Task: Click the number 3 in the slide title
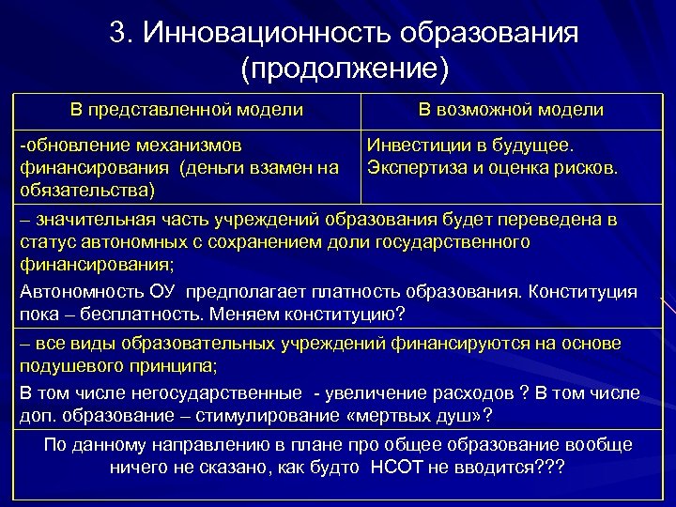[118, 34]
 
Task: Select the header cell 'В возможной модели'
[511, 110]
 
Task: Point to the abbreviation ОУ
[170, 291]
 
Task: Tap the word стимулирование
[278, 414]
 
